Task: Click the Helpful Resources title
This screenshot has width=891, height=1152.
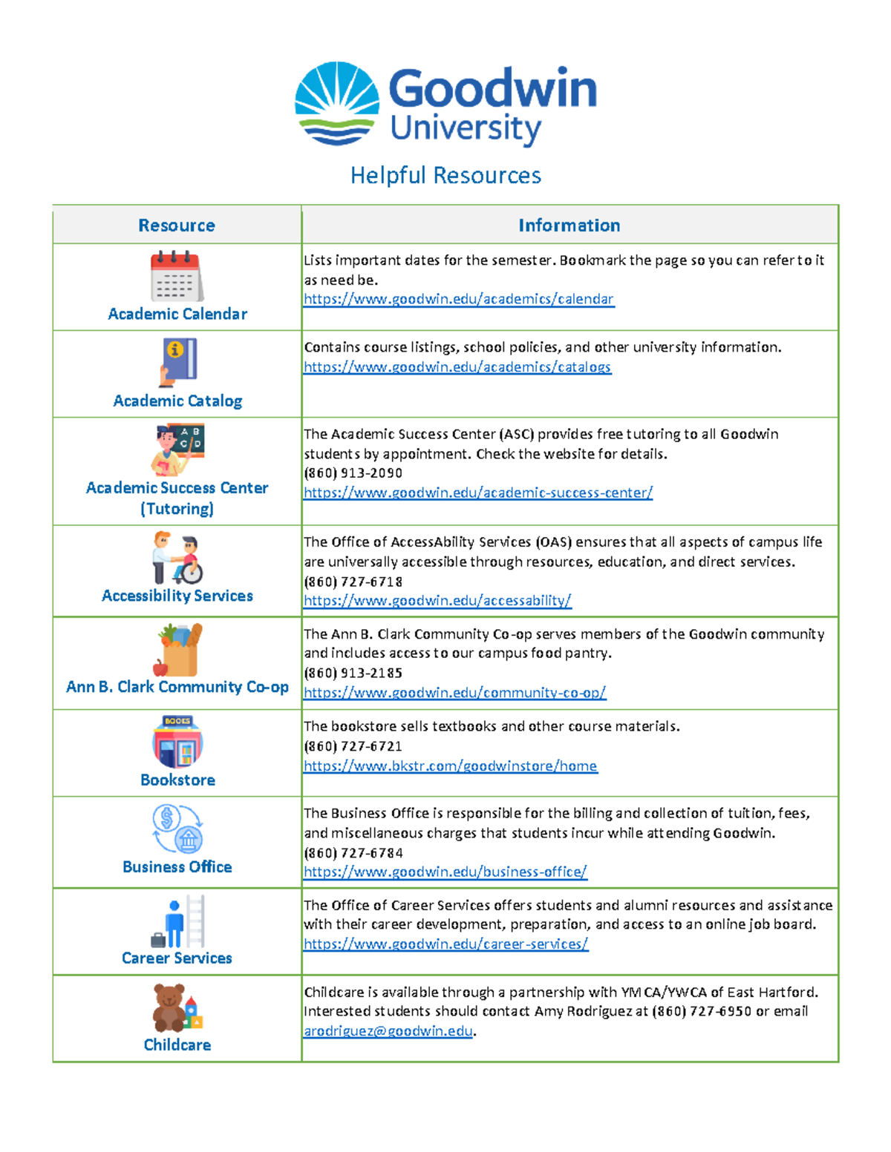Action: [446, 176]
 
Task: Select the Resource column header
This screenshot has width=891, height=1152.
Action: [177, 226]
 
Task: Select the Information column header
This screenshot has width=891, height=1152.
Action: [569, 226]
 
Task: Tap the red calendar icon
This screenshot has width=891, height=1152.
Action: [177, 275]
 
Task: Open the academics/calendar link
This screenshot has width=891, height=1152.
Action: [458, 299]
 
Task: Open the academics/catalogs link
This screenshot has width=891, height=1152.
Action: [457, 367]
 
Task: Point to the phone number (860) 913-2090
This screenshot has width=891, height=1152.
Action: [353, 473]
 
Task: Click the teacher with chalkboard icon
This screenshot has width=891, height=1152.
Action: [179, 450]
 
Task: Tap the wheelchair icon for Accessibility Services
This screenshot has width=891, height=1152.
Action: [177, 558]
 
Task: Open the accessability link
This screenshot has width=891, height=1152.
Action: [437, 601]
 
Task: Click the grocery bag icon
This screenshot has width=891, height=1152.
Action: [179, 650]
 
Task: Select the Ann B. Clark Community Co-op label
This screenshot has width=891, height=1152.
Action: [177, 687]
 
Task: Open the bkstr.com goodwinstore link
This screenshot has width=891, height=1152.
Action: [450, 766]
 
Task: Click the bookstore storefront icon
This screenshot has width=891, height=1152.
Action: [177, 742]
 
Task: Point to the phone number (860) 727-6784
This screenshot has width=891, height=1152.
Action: [353, 853]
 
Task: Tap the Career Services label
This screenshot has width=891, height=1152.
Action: [177, 958]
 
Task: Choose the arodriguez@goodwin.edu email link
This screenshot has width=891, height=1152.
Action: [388, 1031]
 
